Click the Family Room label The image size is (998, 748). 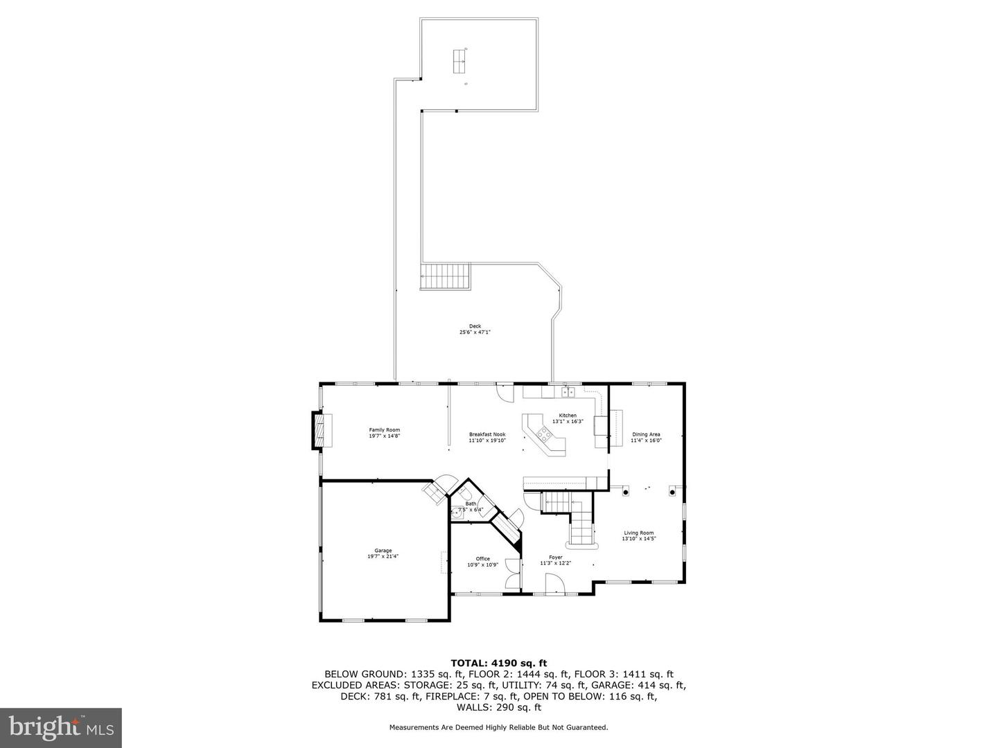pos(384,430)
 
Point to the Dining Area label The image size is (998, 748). pos(646,434)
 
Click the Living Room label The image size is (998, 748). pos(638,533)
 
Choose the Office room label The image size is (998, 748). pos(482,559)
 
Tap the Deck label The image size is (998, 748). pos(475,326)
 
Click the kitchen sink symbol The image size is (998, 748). pos(568,392)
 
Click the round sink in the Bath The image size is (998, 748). pos(457,513)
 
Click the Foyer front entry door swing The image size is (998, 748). pos(556,587)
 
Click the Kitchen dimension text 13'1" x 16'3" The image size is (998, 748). pos(568,421)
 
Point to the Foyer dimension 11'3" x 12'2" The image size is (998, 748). pos(555,563)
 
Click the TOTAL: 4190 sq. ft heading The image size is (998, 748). pos(499,663)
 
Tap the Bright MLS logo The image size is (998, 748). pos(60,727)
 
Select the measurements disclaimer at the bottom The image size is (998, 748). pos(498,727)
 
